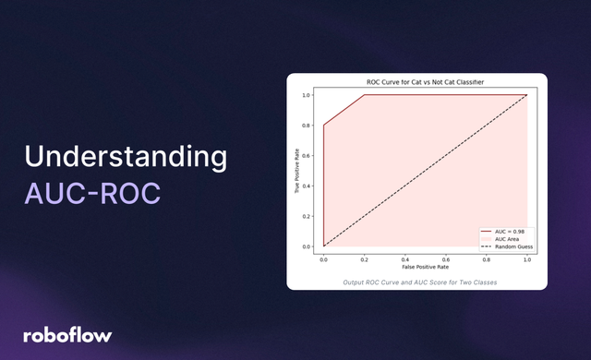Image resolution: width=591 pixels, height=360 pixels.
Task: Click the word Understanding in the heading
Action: (125, 157)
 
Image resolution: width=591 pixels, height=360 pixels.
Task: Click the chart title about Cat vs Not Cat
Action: (425, 84)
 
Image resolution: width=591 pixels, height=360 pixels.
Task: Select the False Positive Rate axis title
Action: (425, 267)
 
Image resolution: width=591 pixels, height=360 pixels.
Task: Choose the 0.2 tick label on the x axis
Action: (365, 258)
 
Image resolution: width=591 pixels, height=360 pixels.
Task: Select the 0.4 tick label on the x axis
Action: (404, 258)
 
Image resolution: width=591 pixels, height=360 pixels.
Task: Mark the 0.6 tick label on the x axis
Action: (445, 258)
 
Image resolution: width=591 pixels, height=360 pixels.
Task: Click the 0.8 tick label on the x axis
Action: (486, 258)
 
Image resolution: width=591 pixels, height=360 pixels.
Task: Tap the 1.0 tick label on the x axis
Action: (526, 258)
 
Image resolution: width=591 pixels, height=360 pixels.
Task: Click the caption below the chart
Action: (417, 281)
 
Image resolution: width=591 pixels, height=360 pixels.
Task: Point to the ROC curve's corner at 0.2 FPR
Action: (365, 95)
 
